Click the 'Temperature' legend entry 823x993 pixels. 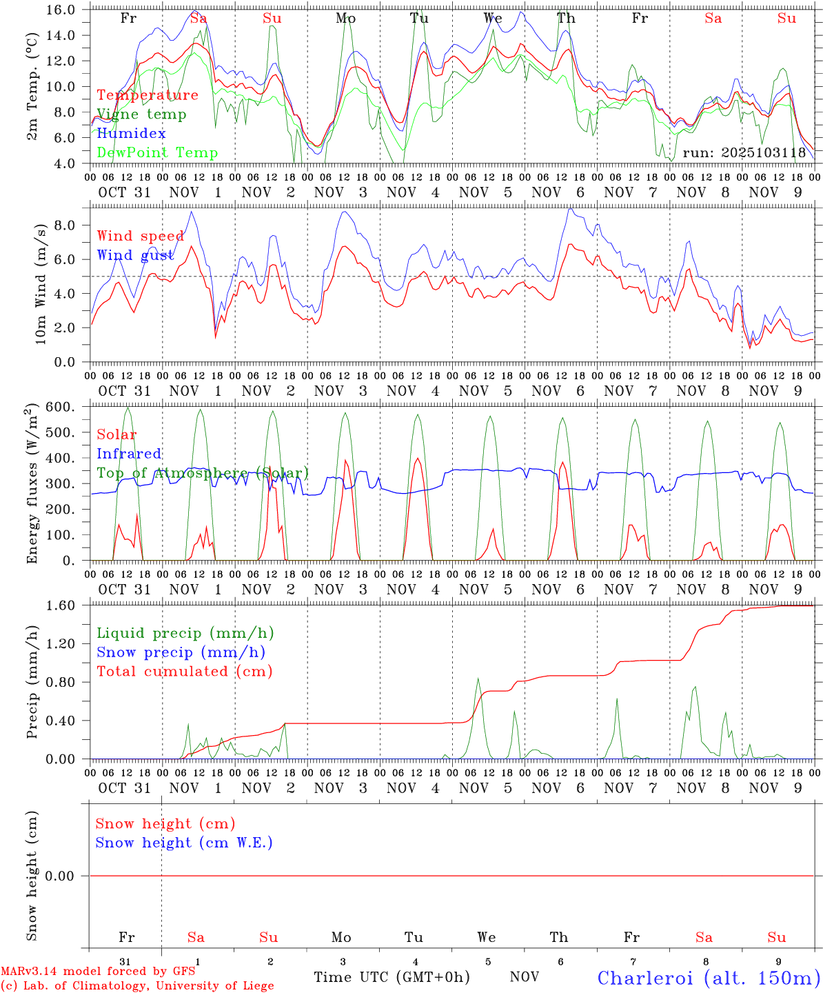tap(148, 95)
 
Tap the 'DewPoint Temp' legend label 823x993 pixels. tap(157, 153)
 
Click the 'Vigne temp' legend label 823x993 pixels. tap(141, 114)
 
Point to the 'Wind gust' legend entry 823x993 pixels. tap(135, 255)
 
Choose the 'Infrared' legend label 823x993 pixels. tap(129, 454)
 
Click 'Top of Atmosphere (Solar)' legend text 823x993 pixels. tap(203, 473)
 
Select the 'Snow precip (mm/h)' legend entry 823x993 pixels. tap(181, 652)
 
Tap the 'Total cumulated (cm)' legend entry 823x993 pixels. tap(184, 672)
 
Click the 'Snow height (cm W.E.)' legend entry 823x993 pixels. tap(184, 843)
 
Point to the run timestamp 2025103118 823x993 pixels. tap(744, 153)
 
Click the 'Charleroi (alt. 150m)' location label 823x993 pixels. tap(709, 978)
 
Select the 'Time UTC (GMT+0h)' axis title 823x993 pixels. tap(392, 977)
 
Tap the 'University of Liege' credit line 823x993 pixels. tap(137, 985)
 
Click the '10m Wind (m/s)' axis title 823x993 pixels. tap(41, 284)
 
